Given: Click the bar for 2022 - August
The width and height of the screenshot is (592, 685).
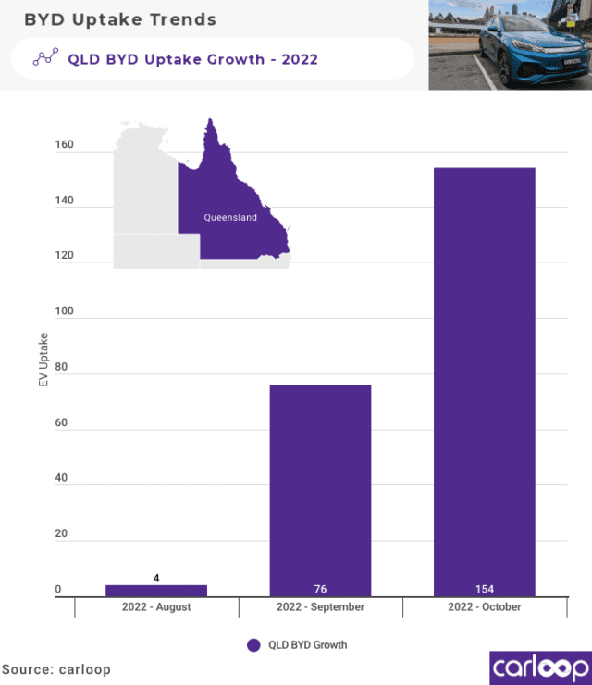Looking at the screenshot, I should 156,590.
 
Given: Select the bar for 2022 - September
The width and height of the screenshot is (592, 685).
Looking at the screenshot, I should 320,490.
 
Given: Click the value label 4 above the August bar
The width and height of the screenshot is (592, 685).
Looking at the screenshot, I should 156,578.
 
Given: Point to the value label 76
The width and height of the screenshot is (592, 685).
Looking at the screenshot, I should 320,589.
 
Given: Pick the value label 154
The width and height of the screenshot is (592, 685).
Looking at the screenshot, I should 484,589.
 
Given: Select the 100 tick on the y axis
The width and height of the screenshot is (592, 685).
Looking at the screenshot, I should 64,313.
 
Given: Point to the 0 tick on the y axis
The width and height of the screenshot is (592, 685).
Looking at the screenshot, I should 57,589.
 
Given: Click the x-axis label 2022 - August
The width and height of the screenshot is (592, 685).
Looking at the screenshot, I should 156,607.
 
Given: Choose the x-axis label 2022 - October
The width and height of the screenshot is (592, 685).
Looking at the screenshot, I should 484,607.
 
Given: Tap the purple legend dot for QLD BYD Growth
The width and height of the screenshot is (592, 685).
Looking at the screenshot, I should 253,645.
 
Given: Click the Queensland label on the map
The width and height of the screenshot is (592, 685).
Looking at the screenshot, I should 230,218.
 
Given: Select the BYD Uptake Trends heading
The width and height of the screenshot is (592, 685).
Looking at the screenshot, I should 120,19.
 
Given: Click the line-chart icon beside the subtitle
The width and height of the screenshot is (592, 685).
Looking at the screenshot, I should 45,58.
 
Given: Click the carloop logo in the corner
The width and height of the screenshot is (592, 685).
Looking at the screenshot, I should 538,667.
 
